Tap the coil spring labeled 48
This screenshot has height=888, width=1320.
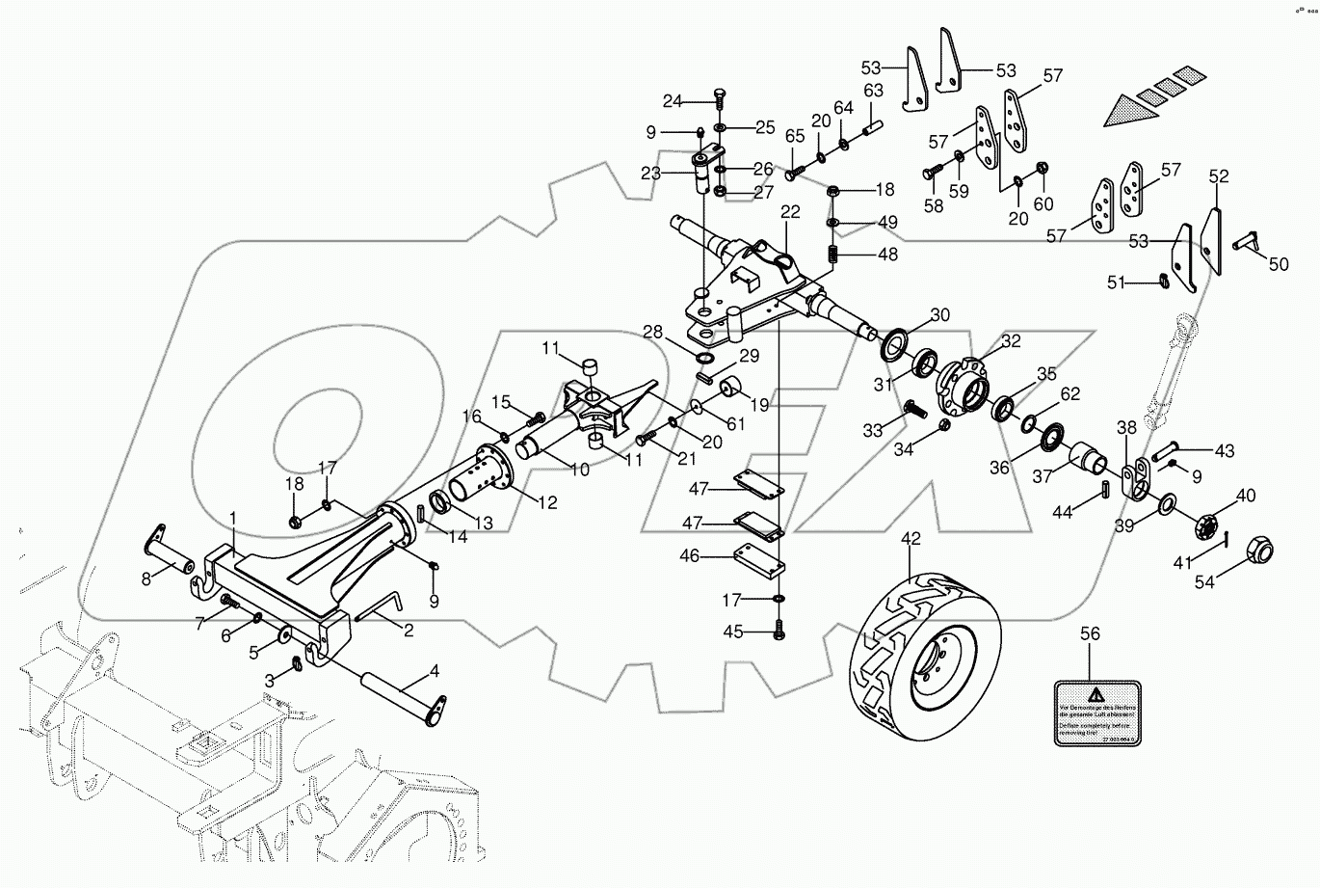point(834,256)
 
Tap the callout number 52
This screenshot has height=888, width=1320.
point(1219,177)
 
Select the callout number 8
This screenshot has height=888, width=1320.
point(146,579)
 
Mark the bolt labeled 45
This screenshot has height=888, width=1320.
point(779,632)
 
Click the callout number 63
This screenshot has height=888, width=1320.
point(873,91)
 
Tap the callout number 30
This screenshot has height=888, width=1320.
point(939,315)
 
